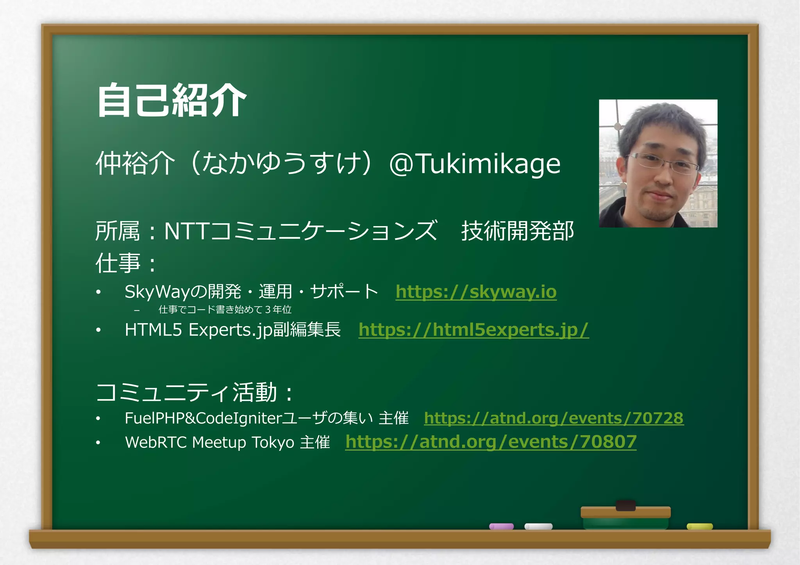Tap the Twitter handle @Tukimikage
pyautogui.click(x=475, y=164)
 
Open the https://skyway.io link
pyautogui.click(x=476, y=292)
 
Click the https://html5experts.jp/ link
pyautogui.click(x=473, y=330)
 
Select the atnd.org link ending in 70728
pyautogui.click(x=554, y=418)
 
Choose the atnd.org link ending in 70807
pyautogui.click(x=491, y=442)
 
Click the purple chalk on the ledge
pyautogui.click(x=501, y=526)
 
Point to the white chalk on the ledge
pyautogui.click(x=538, y=526)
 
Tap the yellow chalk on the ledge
pyautogui.click(x=700, y=526)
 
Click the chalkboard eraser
pyautogui.click(x=625, y=515)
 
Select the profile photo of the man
pyautogui.click(x=658, y=163)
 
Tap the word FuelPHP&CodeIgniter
pyautogui.click(x=203, y=418)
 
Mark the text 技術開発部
pyautogui.click(x=518, y=231)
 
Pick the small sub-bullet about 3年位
pyautogui.click(x=225, y=310)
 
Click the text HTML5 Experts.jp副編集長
pyautogui.click(x=233, y=330)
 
